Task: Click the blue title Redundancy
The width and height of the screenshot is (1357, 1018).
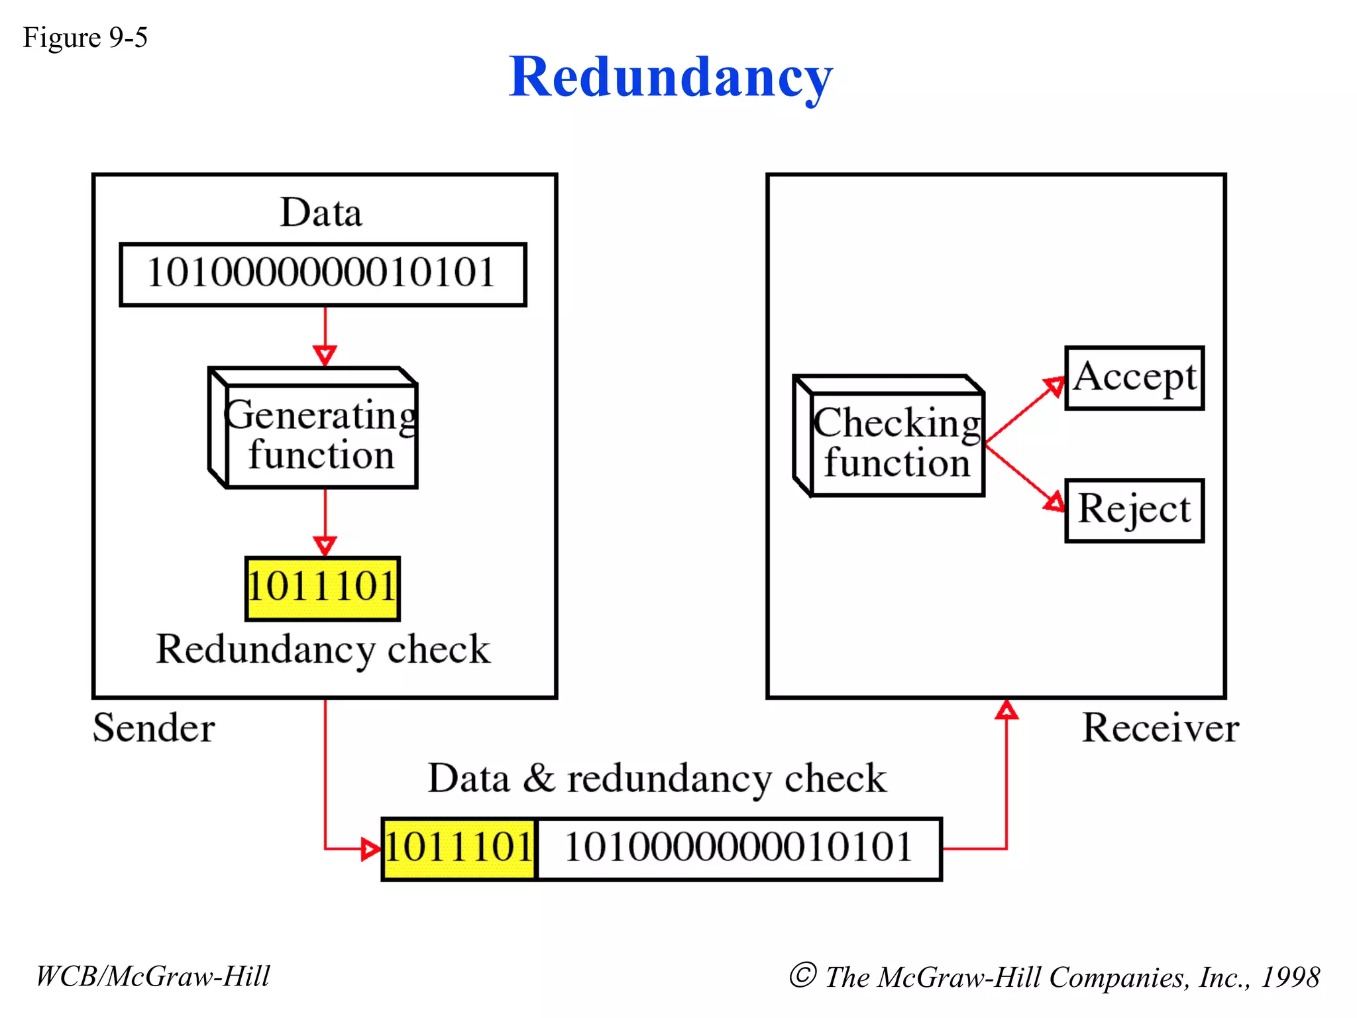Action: [671, 78]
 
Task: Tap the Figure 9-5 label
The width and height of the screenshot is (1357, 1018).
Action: [85, 38]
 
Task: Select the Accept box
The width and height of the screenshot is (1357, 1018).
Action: [1134, 378]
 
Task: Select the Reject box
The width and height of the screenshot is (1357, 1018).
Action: [1134, 510]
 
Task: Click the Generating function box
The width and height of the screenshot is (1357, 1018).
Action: [313, 428]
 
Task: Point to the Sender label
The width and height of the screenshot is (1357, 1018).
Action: [154, 728]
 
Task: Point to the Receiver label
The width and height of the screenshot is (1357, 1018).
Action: [1160, 728]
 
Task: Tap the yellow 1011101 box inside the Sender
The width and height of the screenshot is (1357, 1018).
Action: [323, 589]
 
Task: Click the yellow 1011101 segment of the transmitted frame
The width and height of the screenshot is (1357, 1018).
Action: [459, 849]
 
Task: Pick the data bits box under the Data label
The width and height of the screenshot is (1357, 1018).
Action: [323, 274]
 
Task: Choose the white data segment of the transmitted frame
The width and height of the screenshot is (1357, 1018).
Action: [739, 849]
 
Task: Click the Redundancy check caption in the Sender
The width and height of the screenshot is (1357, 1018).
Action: [323, 649]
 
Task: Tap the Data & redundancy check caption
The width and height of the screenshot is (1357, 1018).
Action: [657, 778]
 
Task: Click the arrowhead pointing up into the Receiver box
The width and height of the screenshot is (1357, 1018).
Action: [1006, 709]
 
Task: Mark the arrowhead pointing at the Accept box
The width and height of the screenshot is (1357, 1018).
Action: [1054, 386]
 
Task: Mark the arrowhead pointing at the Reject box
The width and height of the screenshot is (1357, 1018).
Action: [1054, 502]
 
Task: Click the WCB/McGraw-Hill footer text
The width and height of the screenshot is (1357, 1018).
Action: [153, 976]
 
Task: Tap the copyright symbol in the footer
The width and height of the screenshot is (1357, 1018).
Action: [802, 975]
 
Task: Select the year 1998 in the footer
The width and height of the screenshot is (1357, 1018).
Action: [1290, 977]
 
